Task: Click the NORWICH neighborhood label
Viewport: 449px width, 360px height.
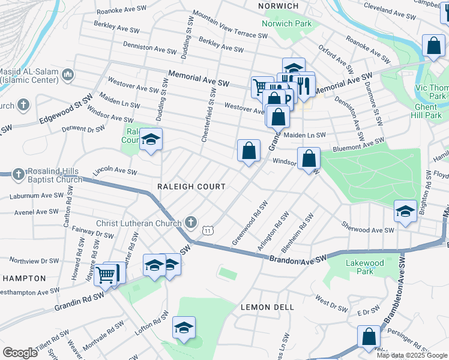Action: point(278,6)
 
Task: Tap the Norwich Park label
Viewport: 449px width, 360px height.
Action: point(286,24)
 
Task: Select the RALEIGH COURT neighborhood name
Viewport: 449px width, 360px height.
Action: point(191,187)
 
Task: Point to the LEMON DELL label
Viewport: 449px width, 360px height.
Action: point(267,307)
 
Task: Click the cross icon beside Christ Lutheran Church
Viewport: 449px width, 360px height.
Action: point(191,223)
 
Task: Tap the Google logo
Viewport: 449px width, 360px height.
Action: point(19,352)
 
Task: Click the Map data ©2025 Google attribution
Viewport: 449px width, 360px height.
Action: point(412,355)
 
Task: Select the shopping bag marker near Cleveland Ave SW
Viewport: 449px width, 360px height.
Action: point(433,46)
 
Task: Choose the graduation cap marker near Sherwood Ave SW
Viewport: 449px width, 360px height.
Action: point(405,211)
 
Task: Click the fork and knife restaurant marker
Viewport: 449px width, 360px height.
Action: point(304,85)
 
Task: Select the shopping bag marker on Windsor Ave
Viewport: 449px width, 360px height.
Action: point(309,159)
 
